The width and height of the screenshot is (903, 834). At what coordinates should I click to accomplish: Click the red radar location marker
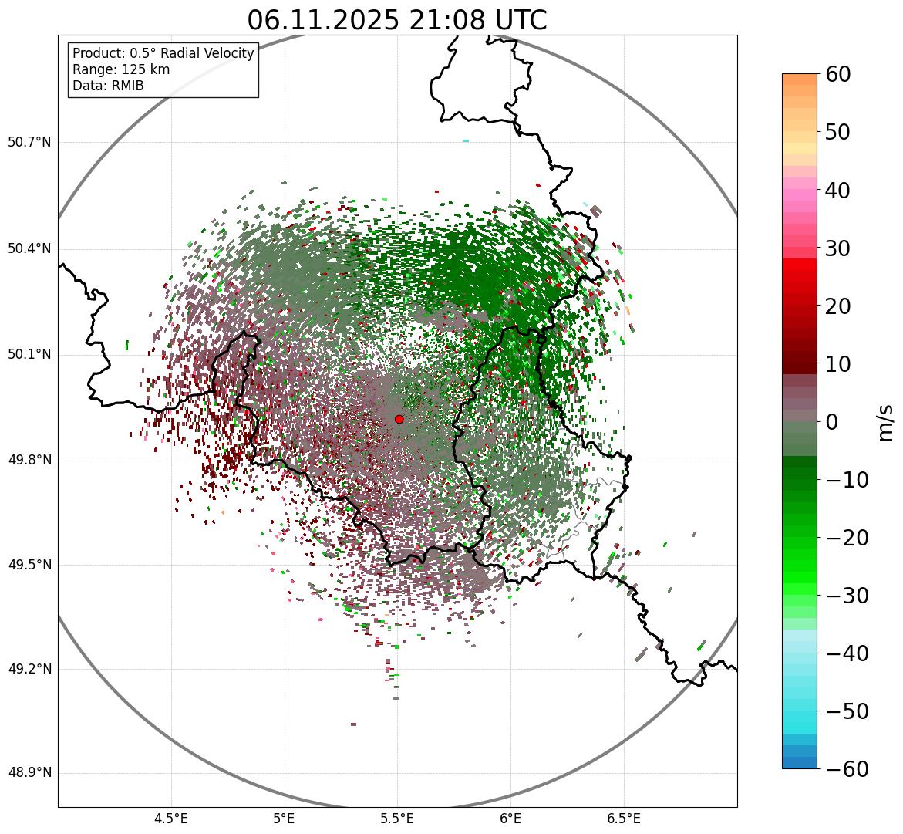(x=399, y=419)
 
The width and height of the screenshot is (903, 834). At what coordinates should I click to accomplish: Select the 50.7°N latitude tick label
(x=29, y=142)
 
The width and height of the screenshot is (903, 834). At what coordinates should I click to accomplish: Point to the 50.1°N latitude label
(x=29, y=355)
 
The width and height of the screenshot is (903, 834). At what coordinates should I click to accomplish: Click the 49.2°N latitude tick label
(x=29, y=669)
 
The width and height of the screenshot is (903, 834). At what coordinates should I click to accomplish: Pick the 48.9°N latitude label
(x=29, y=773)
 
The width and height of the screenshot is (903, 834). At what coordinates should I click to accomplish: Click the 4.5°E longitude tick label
(x=171, y=818)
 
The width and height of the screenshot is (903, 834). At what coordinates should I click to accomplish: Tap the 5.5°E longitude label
(x=397, y=818)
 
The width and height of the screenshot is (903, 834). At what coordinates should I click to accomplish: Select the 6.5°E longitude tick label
(x=623, y=818)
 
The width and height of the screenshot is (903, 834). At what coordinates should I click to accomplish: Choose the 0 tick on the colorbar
(x=831, y=422)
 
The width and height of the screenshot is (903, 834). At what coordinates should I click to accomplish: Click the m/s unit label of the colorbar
(x=886, y=421)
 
